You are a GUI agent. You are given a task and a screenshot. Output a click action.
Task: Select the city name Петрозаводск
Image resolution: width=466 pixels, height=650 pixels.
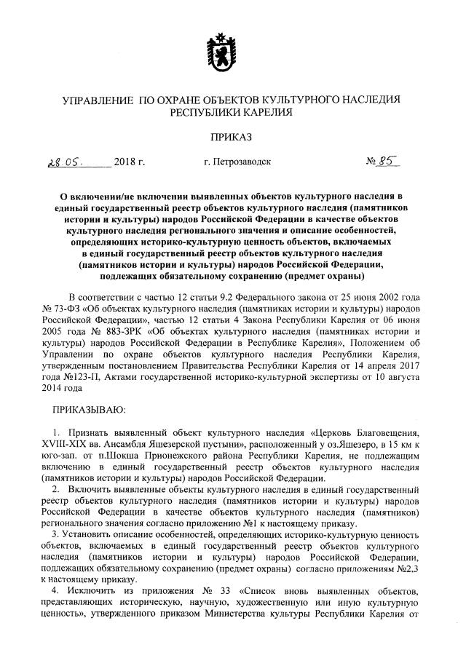[237, 162]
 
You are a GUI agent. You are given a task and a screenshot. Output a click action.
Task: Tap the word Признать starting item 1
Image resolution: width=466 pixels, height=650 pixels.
[87, 429]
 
